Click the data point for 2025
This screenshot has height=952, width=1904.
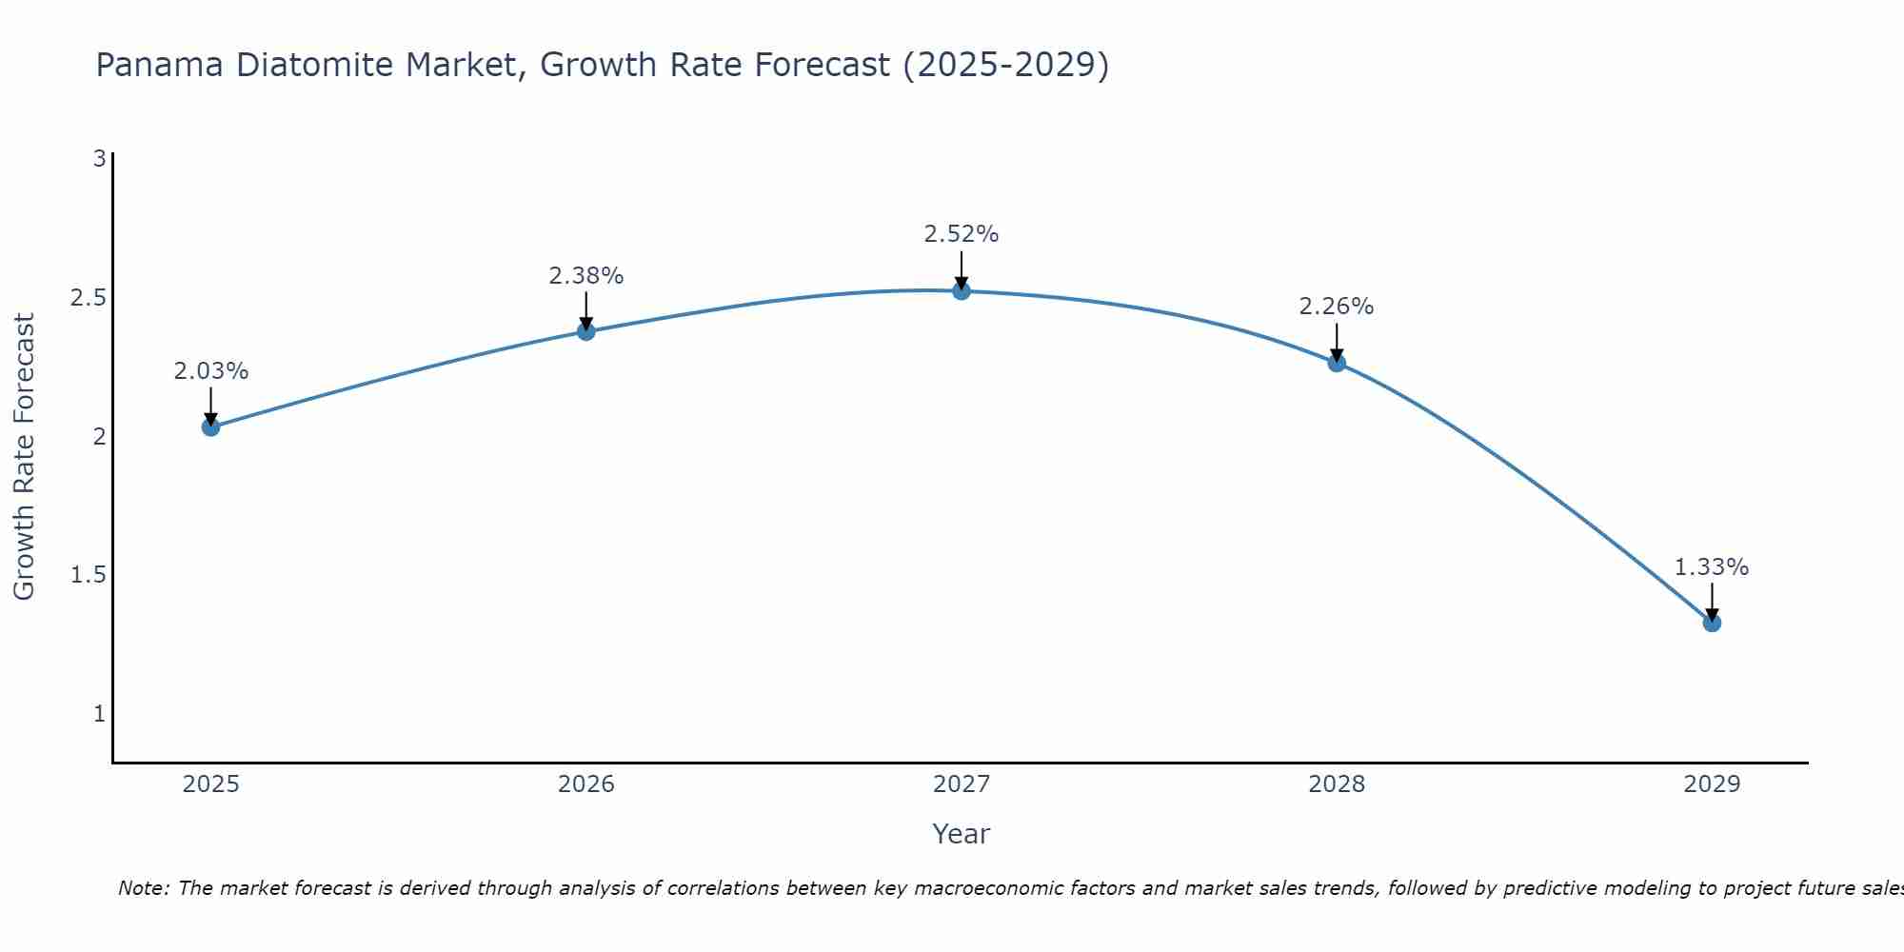210,426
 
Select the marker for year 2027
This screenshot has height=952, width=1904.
962,290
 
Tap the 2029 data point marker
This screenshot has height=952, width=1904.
1712,623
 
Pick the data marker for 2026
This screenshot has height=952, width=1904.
586,331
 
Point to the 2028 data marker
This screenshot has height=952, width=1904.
1337,363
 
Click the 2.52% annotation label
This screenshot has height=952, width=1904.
962,234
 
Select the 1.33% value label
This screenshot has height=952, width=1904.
1712,567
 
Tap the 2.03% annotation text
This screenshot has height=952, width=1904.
210,371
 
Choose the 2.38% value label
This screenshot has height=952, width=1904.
586,276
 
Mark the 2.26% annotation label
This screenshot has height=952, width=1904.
1337,307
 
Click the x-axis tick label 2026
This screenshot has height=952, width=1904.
586,784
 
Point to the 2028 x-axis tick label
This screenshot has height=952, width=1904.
1337,784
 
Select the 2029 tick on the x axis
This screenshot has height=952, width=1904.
1712,784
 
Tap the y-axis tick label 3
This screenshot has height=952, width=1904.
99,159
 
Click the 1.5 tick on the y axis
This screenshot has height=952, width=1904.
88,575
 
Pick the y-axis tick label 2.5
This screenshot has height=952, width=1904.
88,298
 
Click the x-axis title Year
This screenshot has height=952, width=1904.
962,834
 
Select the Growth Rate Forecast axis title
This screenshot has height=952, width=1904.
24,457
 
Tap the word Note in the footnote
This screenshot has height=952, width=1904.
143,888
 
